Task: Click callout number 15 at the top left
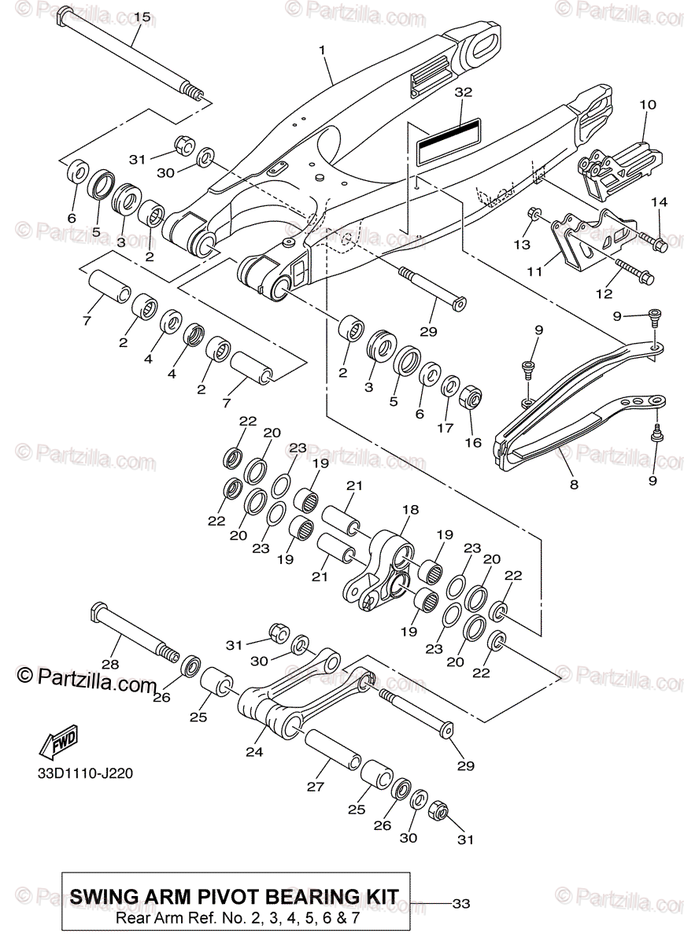pyautogui.click(x=141, y=17)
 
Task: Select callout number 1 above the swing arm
pyautogui.click(x=322, y=50)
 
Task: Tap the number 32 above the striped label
pyautogui.click(x=463, y=92)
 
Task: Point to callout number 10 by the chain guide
pyautogui.click(x=647, y=104)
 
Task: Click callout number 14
pyautogui.click(x=659, y=203)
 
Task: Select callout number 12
pyautogui.click(x=604, y=294)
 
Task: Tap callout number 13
pyautogui.click(x=522, y=245)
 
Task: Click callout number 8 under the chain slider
pyautogui.click(x=574, y=485)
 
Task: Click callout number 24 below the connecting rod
pyautogui.click(x=253, y=752)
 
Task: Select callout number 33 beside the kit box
pyautogui.click(x=460, y=904)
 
